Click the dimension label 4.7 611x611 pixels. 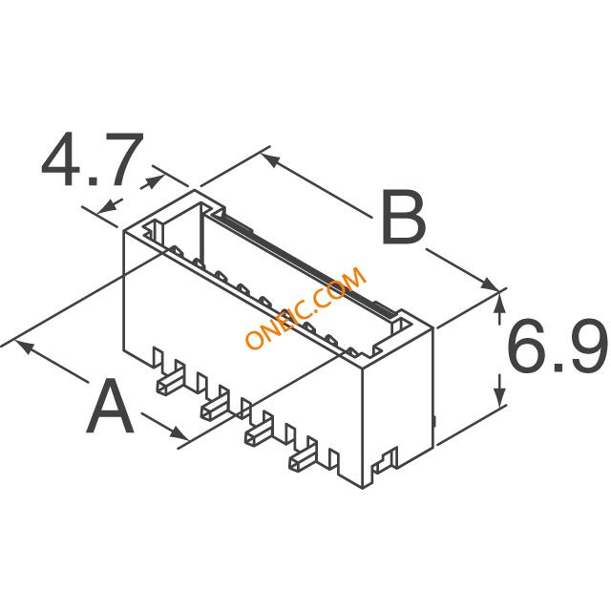[93, 159]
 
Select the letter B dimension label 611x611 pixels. [404, 217]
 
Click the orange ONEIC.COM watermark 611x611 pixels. [305, 307]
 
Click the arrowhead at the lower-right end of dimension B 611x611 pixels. [489, 284]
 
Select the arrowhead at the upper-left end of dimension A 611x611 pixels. [23, 347]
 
